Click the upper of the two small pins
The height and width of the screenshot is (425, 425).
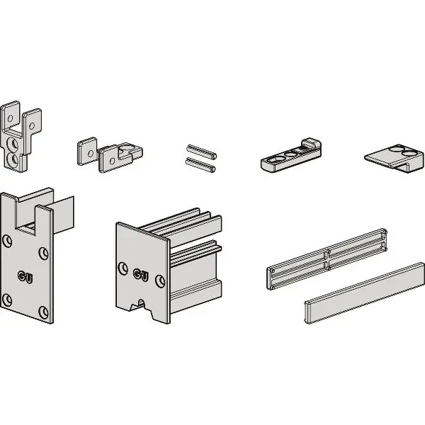pyautogui.click(x=201, y=152)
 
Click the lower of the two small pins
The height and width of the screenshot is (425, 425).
pyautogui.click(x=200, y=165)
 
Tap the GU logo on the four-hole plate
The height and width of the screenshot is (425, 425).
pyautogui.click(x=25, y=277)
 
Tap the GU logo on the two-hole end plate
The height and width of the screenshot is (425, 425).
pyautogui.click(x=141, y=276)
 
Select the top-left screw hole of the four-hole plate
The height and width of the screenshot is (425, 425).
pyautogui.click(x=7, y=242)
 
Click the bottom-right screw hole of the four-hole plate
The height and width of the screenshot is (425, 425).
pyautogui.click(x=43, y=312)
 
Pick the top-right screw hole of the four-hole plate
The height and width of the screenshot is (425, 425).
pyautogui.click(x=44, y=253)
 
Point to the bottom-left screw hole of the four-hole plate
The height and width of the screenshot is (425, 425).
pyautogui.click(x=6, y=300)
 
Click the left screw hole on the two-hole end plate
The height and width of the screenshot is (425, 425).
pyautogui.click(x=123, y=268)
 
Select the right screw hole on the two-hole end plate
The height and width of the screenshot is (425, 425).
pyautogui.click(x=160, y=281)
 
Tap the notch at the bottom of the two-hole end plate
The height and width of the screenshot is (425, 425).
pyautogui.click(x=141, y=305)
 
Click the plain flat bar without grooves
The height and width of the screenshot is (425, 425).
pyautogui.click(x=364, y=293)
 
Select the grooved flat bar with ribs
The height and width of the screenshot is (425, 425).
pyautogui.click(x=327, y=259)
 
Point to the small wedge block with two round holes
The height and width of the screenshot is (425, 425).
pyautogui.click(x=395, y=158)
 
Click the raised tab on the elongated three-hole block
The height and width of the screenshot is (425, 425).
pyautogui.click(x=311, y=144)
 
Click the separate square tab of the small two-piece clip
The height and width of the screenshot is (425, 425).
pyautogui.click(x=87, y=151)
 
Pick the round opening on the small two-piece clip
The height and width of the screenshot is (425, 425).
pyautogui.click(x=125, y=148)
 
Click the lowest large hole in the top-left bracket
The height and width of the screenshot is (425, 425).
pyautogui.click(x=13, y=159)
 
